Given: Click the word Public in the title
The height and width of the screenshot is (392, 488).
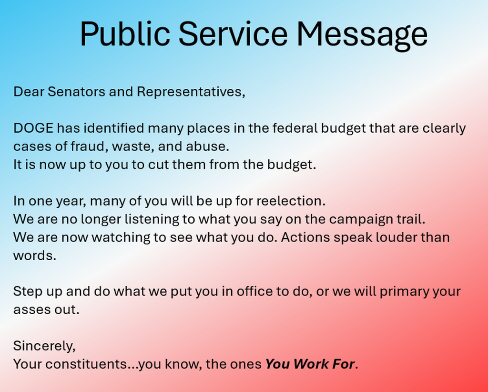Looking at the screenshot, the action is tap(125, 34).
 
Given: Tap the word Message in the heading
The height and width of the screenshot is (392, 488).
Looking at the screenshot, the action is tap(362, 35).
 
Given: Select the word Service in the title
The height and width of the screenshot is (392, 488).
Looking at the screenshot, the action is tap(233, 34).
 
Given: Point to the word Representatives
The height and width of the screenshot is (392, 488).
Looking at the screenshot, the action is tap(191, 92).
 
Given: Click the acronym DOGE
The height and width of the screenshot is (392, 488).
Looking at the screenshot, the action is tap(33, 128).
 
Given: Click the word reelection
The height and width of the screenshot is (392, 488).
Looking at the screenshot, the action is tap(291, 201).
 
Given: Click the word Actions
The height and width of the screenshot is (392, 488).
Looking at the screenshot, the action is tap(305, 237).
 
